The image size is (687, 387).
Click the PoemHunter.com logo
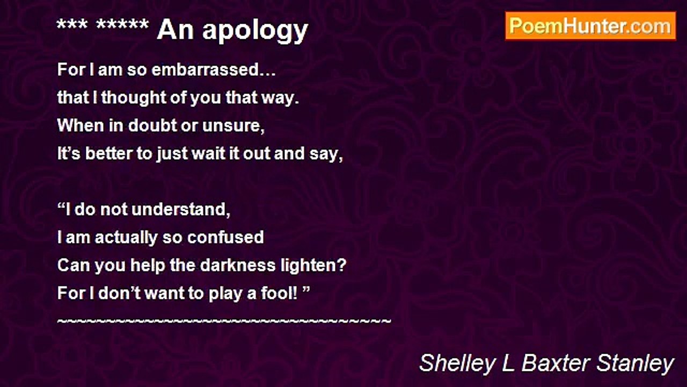(590, 26)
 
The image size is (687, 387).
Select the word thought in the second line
(134, 97)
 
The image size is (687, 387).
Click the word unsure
(233, 126)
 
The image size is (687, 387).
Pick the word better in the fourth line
(108, 153)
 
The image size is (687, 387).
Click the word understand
(181, 210)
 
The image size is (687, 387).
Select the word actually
(126, 238)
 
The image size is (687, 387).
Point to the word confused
(225, 237)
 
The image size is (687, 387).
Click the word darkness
(238, 265)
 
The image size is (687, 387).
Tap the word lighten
(313, 266)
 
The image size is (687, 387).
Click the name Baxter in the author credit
(556, 363)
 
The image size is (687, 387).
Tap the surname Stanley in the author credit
(635, 364)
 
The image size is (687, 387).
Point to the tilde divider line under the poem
(224, 321)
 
